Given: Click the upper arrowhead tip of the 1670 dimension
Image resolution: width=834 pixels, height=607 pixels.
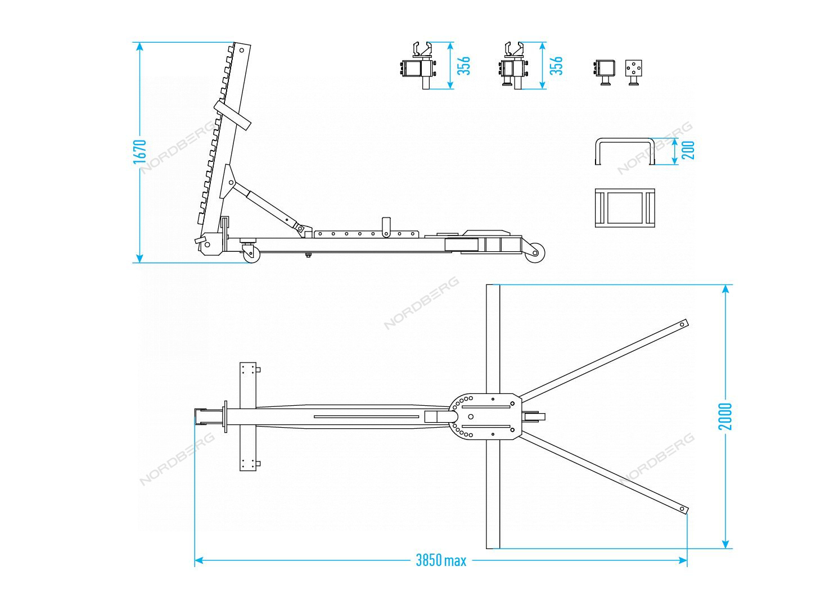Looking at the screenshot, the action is [x=139, y=42].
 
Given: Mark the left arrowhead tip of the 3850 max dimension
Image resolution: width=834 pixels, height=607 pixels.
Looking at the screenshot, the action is [x=195, y=560].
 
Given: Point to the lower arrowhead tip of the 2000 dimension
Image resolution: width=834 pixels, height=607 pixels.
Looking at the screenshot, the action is [x=725, y=548].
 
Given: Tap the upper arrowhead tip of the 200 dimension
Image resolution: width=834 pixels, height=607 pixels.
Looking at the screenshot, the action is [x=675, y=138].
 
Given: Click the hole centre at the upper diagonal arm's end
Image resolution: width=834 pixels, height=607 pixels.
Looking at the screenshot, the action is [x=682, y=324].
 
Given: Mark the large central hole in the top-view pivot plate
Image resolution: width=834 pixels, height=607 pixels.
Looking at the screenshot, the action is [x=471, y=416].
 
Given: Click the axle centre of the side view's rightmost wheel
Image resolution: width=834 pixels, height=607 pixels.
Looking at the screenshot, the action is [x=535, y=253].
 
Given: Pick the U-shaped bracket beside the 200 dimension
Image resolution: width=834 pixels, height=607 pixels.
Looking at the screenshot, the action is [x=624, y=152].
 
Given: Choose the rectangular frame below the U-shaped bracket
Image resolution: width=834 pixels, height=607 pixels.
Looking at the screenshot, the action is [x=624, y=207].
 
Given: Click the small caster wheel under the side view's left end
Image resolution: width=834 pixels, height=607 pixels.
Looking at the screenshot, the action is [x=251, y=255].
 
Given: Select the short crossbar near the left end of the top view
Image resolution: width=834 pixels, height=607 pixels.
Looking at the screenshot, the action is [x=249, y=416].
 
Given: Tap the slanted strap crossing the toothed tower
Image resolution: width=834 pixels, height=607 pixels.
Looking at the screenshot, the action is [x=232, y=115].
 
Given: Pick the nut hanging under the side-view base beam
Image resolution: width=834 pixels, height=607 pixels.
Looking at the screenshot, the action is [x=308, y=255].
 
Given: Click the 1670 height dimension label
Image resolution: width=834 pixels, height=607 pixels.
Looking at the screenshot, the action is [x=140, y=152].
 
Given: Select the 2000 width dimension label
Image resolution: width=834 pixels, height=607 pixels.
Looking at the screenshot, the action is [x=725, y=416].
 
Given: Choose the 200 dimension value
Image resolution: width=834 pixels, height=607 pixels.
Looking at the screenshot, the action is [x=688, y=151].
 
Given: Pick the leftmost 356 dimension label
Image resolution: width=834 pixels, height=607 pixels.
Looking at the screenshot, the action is [x=463, y=66].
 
